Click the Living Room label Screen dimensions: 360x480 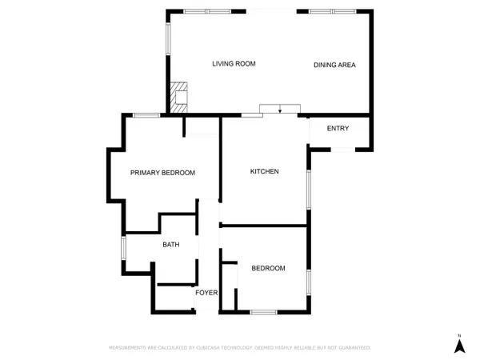[x=234, y=64]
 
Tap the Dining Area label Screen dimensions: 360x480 [x=334, y=65]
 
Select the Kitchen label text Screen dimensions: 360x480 [x=264, y=172]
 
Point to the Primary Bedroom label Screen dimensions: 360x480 [x=163, y=173]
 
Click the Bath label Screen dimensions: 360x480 [x=170, y=245]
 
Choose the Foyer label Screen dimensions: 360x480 [x=207, y=293]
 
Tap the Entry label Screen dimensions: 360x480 [x=338, y=129]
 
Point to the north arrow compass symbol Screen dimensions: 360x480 [x=459, y=346]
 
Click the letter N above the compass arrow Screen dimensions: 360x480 [x=459, y=334]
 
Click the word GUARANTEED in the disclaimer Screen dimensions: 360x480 [x=354, y=348]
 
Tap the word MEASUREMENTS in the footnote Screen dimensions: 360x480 [x=128, y=348]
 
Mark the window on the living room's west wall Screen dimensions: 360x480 [x=168, y=37]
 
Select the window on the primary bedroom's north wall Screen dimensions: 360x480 [x=146, y=115]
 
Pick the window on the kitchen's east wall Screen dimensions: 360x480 [x=309, y=189]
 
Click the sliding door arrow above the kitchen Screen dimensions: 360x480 [x=280, y=110]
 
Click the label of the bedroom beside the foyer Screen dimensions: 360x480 [x=268, y=268]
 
